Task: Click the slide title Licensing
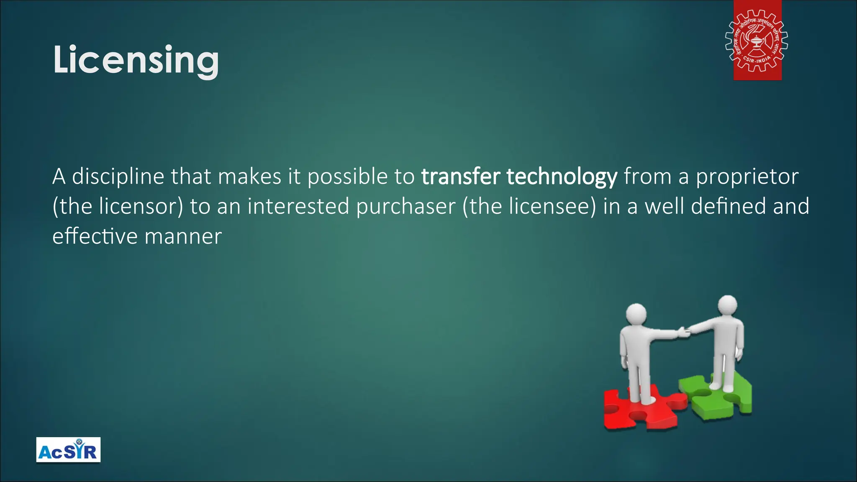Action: click(136, 60)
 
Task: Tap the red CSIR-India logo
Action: click(757, 41)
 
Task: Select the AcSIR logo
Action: click(68, 450)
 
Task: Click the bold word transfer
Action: click(460, 176)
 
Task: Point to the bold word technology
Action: click(562, 177)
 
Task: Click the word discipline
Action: click(118, 177)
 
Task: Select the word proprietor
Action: click(747, 177)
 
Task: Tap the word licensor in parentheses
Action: click(140, 206)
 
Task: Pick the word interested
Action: click(298, 206)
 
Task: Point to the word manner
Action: click(183, 236)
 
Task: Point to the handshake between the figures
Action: click(685, 332)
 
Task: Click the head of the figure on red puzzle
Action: click(636, 314)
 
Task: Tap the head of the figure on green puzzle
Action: click(727, 305)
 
